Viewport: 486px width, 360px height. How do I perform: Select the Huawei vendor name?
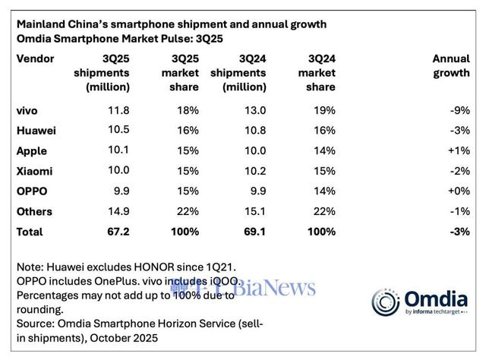pos(34,131)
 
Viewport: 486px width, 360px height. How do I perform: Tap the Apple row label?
pos(29,151)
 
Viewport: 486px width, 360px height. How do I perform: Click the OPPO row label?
pos(30,191)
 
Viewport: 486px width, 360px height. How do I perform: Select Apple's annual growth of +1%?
pos(459,151)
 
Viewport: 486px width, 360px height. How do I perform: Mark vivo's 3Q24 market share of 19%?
pos(324,111)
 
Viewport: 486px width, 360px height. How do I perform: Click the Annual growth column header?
pos(451,66)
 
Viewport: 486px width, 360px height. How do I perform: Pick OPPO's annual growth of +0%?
pos(459,191)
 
